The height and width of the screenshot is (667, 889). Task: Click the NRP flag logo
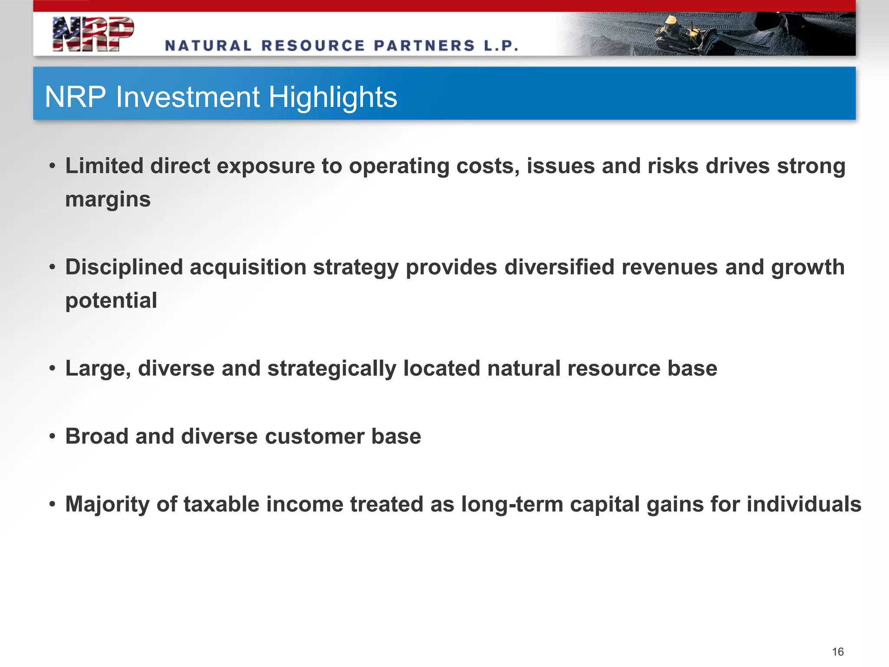click(92, 34)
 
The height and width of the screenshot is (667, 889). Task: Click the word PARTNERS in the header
click(424, 46)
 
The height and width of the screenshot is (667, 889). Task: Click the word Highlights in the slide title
click(333, 97)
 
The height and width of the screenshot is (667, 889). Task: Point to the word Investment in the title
click(188, 97)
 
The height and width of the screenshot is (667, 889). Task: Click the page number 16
click(837, 651)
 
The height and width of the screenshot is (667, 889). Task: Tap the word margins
click(108, 199)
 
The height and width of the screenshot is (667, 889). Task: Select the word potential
click(111, 300)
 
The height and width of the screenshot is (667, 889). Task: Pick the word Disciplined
click(124, 267)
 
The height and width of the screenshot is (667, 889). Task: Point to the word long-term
click(512, 505)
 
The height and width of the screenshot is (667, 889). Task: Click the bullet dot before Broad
click(53, 436)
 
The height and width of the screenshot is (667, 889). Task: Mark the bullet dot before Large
click(53, 368)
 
